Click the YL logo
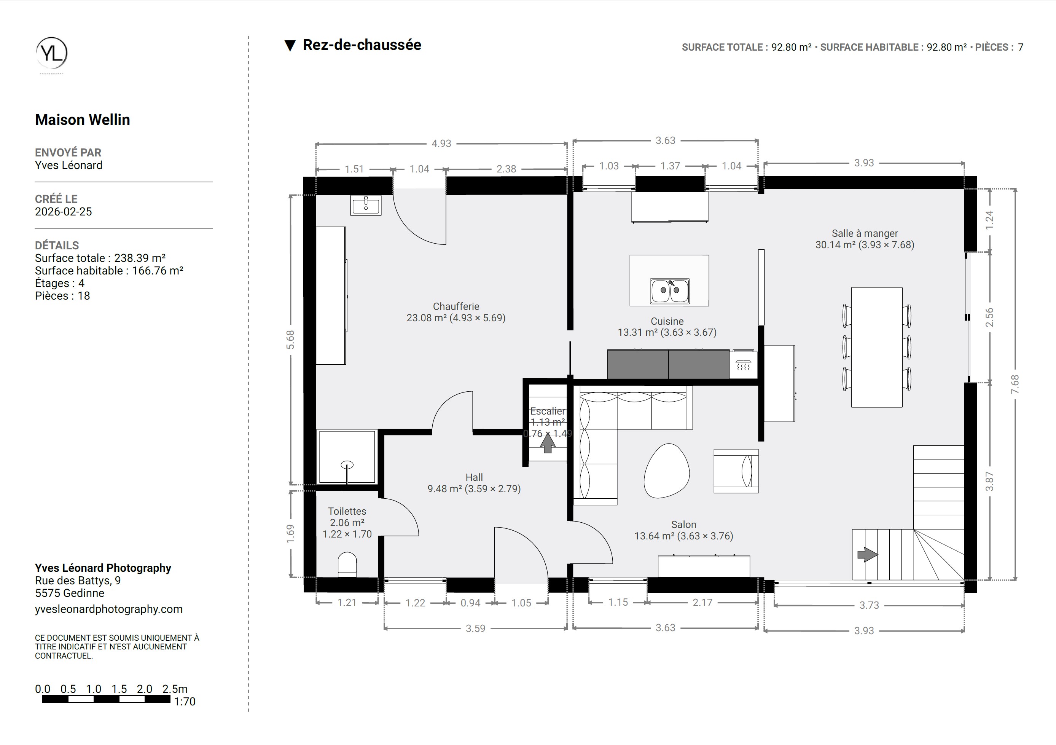(51, 53)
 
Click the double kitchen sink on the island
(670, 291)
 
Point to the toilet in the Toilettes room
(347, 565)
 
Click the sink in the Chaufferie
(366, 205)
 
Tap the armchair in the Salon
(736, 471)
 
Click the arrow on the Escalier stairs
(547, 443)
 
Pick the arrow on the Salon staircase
(867, 555)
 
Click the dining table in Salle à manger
(877, 348)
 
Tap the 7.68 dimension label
(1015, 384)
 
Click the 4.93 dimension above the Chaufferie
(441, 144)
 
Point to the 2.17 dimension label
(702, 602)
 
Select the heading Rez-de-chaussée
(362, 45)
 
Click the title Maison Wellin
(82, 120)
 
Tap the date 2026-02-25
(64, 212)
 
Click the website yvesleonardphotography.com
(108, 609)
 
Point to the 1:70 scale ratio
(185, 701)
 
